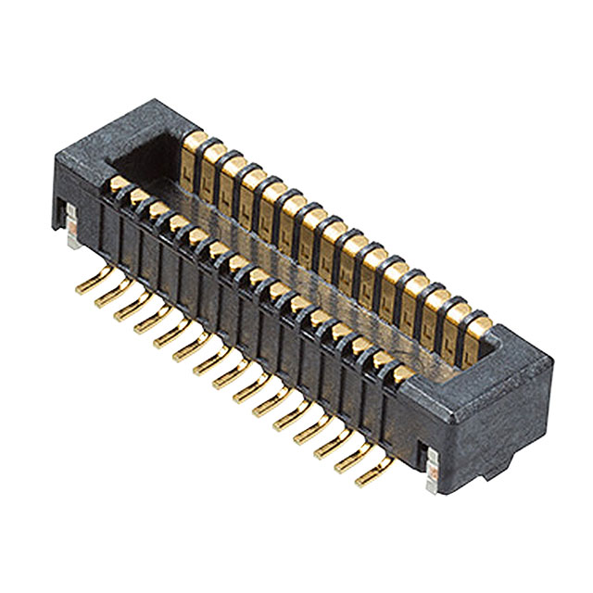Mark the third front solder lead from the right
pos(331,448)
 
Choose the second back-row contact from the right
pos(460,318)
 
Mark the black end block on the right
pos(482,408)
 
